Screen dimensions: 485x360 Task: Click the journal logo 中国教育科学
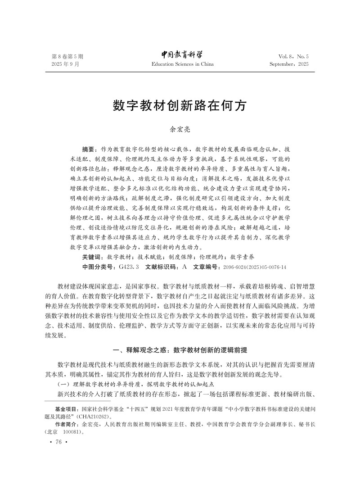pos(182,55)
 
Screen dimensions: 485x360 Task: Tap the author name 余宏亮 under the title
pos(180,130)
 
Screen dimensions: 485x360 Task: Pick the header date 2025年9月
pos(65,64)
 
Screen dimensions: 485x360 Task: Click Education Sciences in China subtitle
pos(182,64)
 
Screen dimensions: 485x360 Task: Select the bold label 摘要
pos(90,149)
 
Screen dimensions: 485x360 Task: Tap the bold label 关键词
pos(92,258)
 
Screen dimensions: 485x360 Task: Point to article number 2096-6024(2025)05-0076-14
pos(255,267)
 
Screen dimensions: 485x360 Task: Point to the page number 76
pos(58,442)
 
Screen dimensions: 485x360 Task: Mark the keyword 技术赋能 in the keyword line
pos(151,258)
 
